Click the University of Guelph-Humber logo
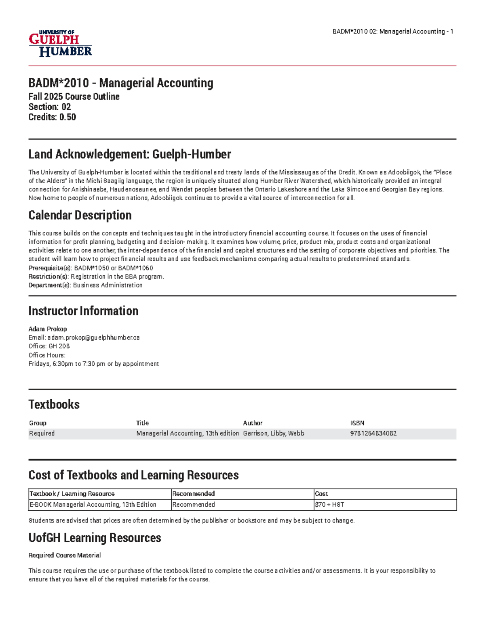(x=60, y=43)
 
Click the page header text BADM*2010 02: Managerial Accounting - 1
(x=392, y=31)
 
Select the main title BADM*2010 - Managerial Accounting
(x=120, y=83)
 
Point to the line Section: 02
(x=50, y=107)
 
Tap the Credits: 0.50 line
(x=52, y=117)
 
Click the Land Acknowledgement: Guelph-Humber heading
(x=129, y=154)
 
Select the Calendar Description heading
(x=80, y=215)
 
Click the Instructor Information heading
(x=83, y=311)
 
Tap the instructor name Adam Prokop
(x=48, y=329)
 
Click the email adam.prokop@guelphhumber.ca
(x=93, y=338)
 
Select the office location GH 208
(x=59, y=346)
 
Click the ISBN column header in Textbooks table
(x=357, y=423)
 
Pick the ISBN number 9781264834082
(x=373, y=433)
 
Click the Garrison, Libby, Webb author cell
(x=274, y=433)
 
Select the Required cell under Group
(x=42, y=433)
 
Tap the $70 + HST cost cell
(x=329, y=505)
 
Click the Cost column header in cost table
(x=321, y=494)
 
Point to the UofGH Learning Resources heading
(x=95, y=538)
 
